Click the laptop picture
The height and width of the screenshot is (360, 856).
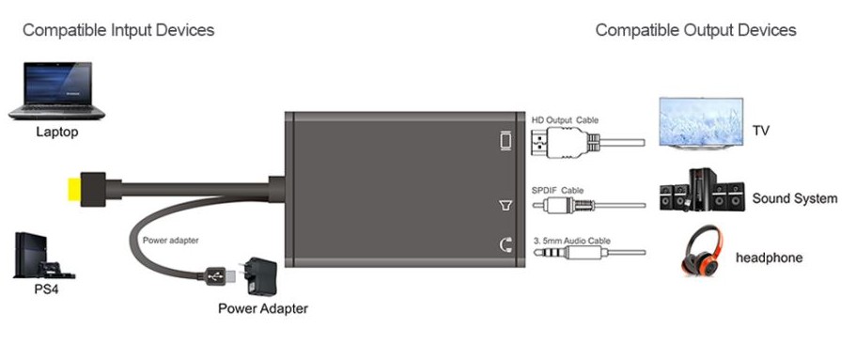(x=56, y=90)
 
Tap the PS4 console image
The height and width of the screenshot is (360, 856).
(x=42, y=256)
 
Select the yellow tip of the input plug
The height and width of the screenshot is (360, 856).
(x=73, y=189)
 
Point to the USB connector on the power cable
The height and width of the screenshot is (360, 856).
(x=218, y=275)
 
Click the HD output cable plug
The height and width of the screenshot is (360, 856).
(x=565, y=143)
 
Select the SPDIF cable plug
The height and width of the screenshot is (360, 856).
(x=564, y=206)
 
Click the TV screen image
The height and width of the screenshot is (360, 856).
(x=701, y=123)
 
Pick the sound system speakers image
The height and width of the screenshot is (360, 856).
(x=702, y=190)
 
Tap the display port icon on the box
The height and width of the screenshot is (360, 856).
(x=506, y=141)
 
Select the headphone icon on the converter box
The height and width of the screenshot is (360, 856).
(x=506, y=244)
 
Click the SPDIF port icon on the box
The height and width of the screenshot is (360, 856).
(x=506, y=206)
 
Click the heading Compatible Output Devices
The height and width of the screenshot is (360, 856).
(x=695, y=30)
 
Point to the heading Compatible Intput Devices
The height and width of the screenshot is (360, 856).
(x=118, y=30)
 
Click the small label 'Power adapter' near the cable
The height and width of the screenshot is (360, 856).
(x=171, y=240)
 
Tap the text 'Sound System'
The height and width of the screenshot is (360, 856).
(x=795, y=198)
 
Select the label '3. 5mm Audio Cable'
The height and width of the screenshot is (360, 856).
(x=571, y=241)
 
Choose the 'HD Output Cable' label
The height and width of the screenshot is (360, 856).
(x=565, y=119)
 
